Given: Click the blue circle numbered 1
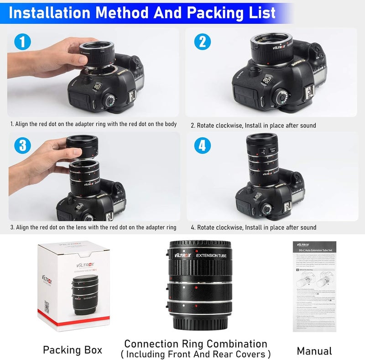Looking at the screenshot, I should pos(21,42).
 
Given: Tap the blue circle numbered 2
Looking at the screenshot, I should pos(203,42).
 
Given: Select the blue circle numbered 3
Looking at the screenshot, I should pos(21,145).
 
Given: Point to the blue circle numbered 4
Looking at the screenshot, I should pos(203,145).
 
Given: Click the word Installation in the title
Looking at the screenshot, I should pos(51,12).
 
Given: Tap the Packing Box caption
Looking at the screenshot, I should pos(73,350).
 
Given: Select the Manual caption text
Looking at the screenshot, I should pos(314,350).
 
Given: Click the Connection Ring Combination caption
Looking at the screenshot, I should pos(196,344).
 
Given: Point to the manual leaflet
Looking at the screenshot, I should pos(314,287).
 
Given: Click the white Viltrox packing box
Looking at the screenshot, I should pos(73,287).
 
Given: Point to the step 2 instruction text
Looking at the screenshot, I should pos(253,125).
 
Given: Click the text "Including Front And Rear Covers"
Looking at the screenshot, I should pos(196,354).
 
